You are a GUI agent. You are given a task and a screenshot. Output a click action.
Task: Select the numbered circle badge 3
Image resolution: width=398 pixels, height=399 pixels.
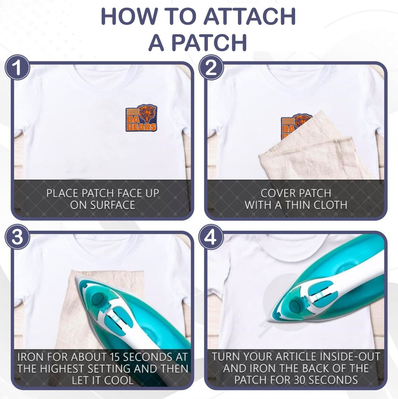17,237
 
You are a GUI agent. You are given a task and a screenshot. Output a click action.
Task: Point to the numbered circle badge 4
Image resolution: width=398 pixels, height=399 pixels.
211,237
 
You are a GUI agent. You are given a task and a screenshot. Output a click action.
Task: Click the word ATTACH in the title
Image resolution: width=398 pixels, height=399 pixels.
249,16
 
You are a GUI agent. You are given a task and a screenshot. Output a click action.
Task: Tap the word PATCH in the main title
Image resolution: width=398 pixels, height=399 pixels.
209,42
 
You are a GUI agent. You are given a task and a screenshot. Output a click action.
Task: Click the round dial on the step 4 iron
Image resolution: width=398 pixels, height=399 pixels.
295,306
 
